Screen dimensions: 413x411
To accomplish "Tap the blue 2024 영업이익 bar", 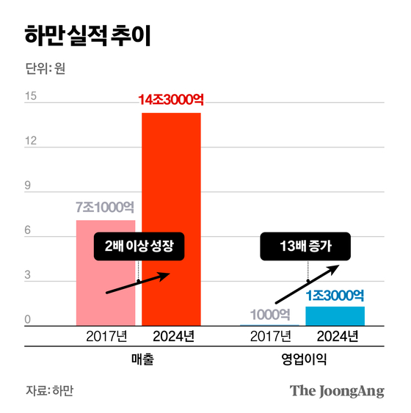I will click(335, 316).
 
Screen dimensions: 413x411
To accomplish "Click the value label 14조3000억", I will click(170, 100).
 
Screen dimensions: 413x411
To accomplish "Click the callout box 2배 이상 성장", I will click(138, 246).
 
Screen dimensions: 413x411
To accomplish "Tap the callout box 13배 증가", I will click(306, 246).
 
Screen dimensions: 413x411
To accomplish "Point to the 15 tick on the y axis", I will click(30, 96).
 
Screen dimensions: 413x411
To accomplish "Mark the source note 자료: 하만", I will click(50, 391).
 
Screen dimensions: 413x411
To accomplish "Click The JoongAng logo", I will click(336, 391).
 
